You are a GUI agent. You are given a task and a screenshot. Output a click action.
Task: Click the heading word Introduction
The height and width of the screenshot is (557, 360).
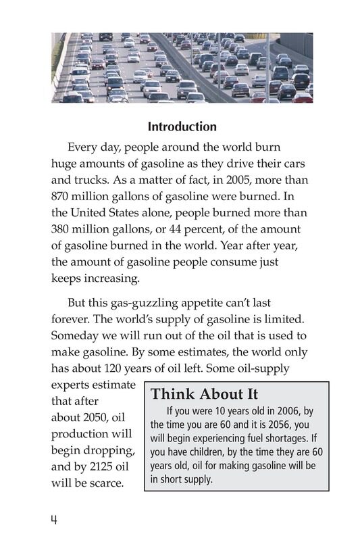(182, 126)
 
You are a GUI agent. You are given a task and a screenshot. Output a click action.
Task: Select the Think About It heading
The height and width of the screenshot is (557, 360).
(204, 394)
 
